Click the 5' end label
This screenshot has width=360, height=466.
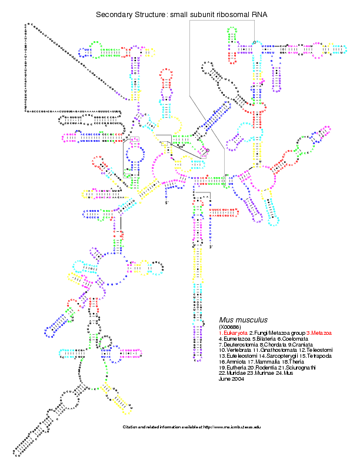[166, 203]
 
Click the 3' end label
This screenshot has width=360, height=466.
[211, 247]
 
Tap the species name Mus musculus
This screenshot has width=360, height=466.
[244, 319]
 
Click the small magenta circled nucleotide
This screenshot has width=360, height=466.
[207, 151]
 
